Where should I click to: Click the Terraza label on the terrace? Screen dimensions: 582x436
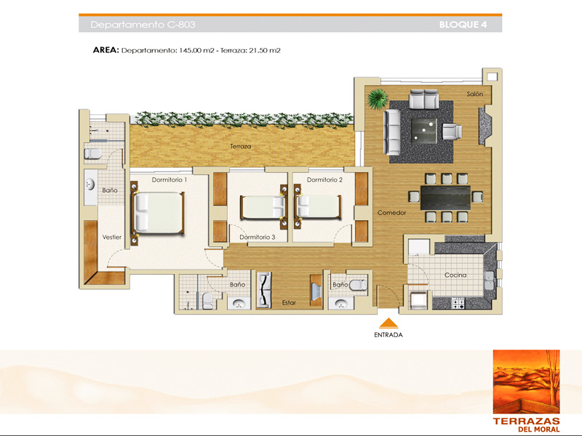(241, 147)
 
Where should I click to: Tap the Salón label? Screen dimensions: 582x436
(475, 94)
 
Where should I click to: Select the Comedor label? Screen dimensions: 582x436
(391, 213)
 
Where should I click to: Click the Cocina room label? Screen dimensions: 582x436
(455, 275)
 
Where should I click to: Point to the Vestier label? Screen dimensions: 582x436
(112, 238)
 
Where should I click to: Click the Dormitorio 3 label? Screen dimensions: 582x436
(258, 238)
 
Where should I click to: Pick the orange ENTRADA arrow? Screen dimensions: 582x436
(388, 323)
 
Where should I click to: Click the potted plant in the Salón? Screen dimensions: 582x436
(378, 99)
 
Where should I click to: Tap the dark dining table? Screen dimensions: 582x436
(445, 198)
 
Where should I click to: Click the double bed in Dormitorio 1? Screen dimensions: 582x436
(159, 212)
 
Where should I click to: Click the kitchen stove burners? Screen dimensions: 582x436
(458, 303)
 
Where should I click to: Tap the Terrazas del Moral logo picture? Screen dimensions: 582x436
(526, 381)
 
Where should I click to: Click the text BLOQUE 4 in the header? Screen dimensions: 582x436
(463, 25)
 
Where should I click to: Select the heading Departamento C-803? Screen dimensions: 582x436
(143, 25)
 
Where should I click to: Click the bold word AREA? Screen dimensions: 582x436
(105, 50)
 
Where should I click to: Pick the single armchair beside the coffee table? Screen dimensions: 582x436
(452, 132)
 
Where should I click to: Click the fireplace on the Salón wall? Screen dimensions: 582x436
(485, 126)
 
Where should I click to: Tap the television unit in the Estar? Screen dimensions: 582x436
(316, 291)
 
